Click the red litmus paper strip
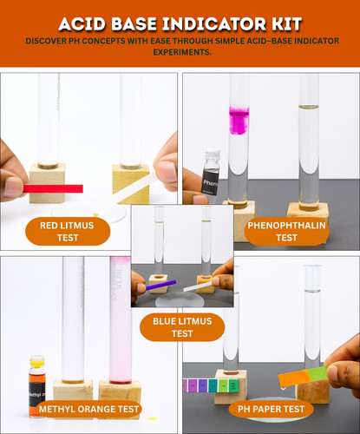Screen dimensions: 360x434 pos(53,188)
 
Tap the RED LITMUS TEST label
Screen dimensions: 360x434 pos(68,232)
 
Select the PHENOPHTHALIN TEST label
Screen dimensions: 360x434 pos(286,232)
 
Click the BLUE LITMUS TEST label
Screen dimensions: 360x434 pos(182,327)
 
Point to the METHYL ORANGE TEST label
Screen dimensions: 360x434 pos(88,409)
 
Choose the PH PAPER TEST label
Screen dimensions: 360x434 pos(271,409)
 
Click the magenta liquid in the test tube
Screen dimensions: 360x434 pos(239,120)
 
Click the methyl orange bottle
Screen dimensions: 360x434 pos(37,386)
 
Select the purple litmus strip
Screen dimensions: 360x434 pos(160,285)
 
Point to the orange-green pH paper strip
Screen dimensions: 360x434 pos(303,376)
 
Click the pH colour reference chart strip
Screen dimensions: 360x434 pos(211,385)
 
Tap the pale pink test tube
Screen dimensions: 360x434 pos(121,319)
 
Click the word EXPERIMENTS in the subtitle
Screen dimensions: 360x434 pos(181,52)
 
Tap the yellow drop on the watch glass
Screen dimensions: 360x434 pos(95,214)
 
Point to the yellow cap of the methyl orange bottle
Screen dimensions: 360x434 pos(37,362)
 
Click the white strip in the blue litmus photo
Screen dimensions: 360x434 pos(199,286)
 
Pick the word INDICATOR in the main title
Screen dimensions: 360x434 pos(213,24)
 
